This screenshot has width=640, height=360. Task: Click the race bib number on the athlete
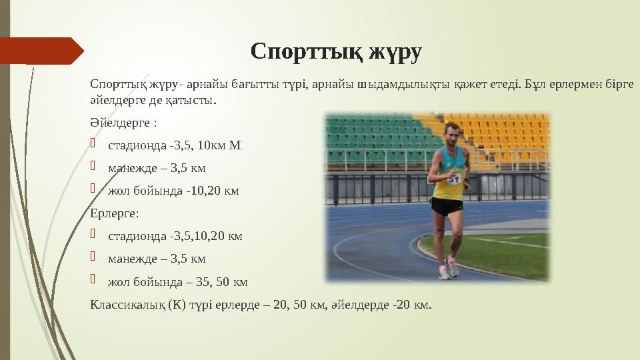coord(454,179)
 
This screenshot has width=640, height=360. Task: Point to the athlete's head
coord(453,133)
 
